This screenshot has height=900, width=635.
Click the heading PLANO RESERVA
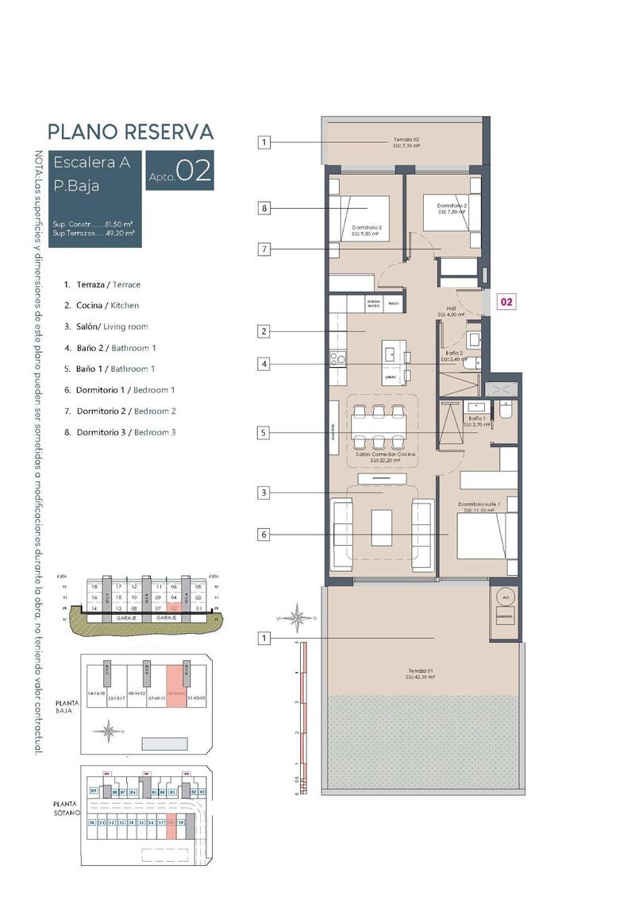(130, 131)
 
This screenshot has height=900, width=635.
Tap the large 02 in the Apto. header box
(194, 172)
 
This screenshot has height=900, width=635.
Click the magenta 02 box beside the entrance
(506, 302)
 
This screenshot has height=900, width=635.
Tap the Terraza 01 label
(418, 674)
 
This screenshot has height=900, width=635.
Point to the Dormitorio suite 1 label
(476, 507)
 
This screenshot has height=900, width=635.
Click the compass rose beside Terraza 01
(299, 616)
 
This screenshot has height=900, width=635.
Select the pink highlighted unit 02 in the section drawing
(174, 608)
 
